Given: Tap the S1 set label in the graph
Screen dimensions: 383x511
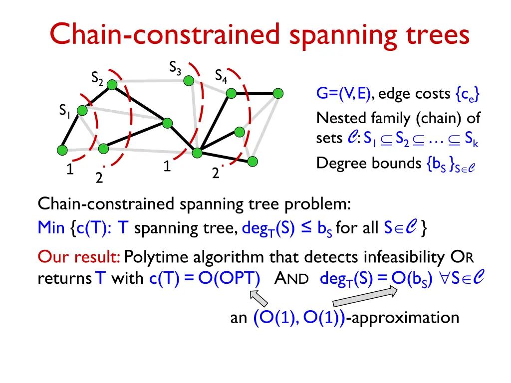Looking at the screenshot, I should [64, 110].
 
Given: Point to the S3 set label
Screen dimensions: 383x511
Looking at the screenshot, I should [175, 67].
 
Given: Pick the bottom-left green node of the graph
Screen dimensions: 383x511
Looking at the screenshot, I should [62, 150].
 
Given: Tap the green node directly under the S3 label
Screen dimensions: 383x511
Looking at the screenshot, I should [189, 80].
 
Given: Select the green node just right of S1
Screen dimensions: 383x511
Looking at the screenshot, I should [82, 111].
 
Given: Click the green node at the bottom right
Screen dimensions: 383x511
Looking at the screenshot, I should [253, 161].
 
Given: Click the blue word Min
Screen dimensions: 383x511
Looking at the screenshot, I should [51, 228].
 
